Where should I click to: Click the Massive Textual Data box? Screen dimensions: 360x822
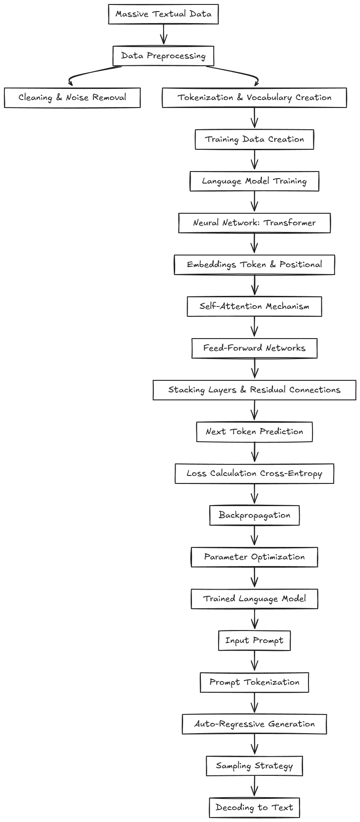click(163, 14)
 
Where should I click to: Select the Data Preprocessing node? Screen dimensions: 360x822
click(163, 56)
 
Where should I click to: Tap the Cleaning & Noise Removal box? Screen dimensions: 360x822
click(72, 98)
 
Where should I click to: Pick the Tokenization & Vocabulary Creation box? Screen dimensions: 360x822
click(254, 98)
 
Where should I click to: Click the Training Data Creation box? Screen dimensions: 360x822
click(254, 140)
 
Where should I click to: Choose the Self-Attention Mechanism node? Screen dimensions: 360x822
click(254, 307)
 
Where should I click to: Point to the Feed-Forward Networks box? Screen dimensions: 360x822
click(254, 348)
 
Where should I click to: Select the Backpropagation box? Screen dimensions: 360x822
click(254, 515)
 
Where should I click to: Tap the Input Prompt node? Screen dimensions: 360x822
click(254, 641)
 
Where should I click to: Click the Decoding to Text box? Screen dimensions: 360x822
click(254, 808)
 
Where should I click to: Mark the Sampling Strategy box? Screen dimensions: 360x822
click(254, 766)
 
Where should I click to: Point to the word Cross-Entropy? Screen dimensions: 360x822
click(291, 474)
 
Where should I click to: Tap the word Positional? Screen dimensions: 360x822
click(300, 265)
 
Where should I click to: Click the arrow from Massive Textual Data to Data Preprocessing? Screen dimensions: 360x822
click(164, 35)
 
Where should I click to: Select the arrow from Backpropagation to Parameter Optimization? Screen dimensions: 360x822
click(254, 536)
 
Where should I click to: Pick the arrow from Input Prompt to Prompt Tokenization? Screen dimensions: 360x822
click(254, 661)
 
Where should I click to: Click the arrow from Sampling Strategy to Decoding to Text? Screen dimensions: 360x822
click(254, 786)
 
